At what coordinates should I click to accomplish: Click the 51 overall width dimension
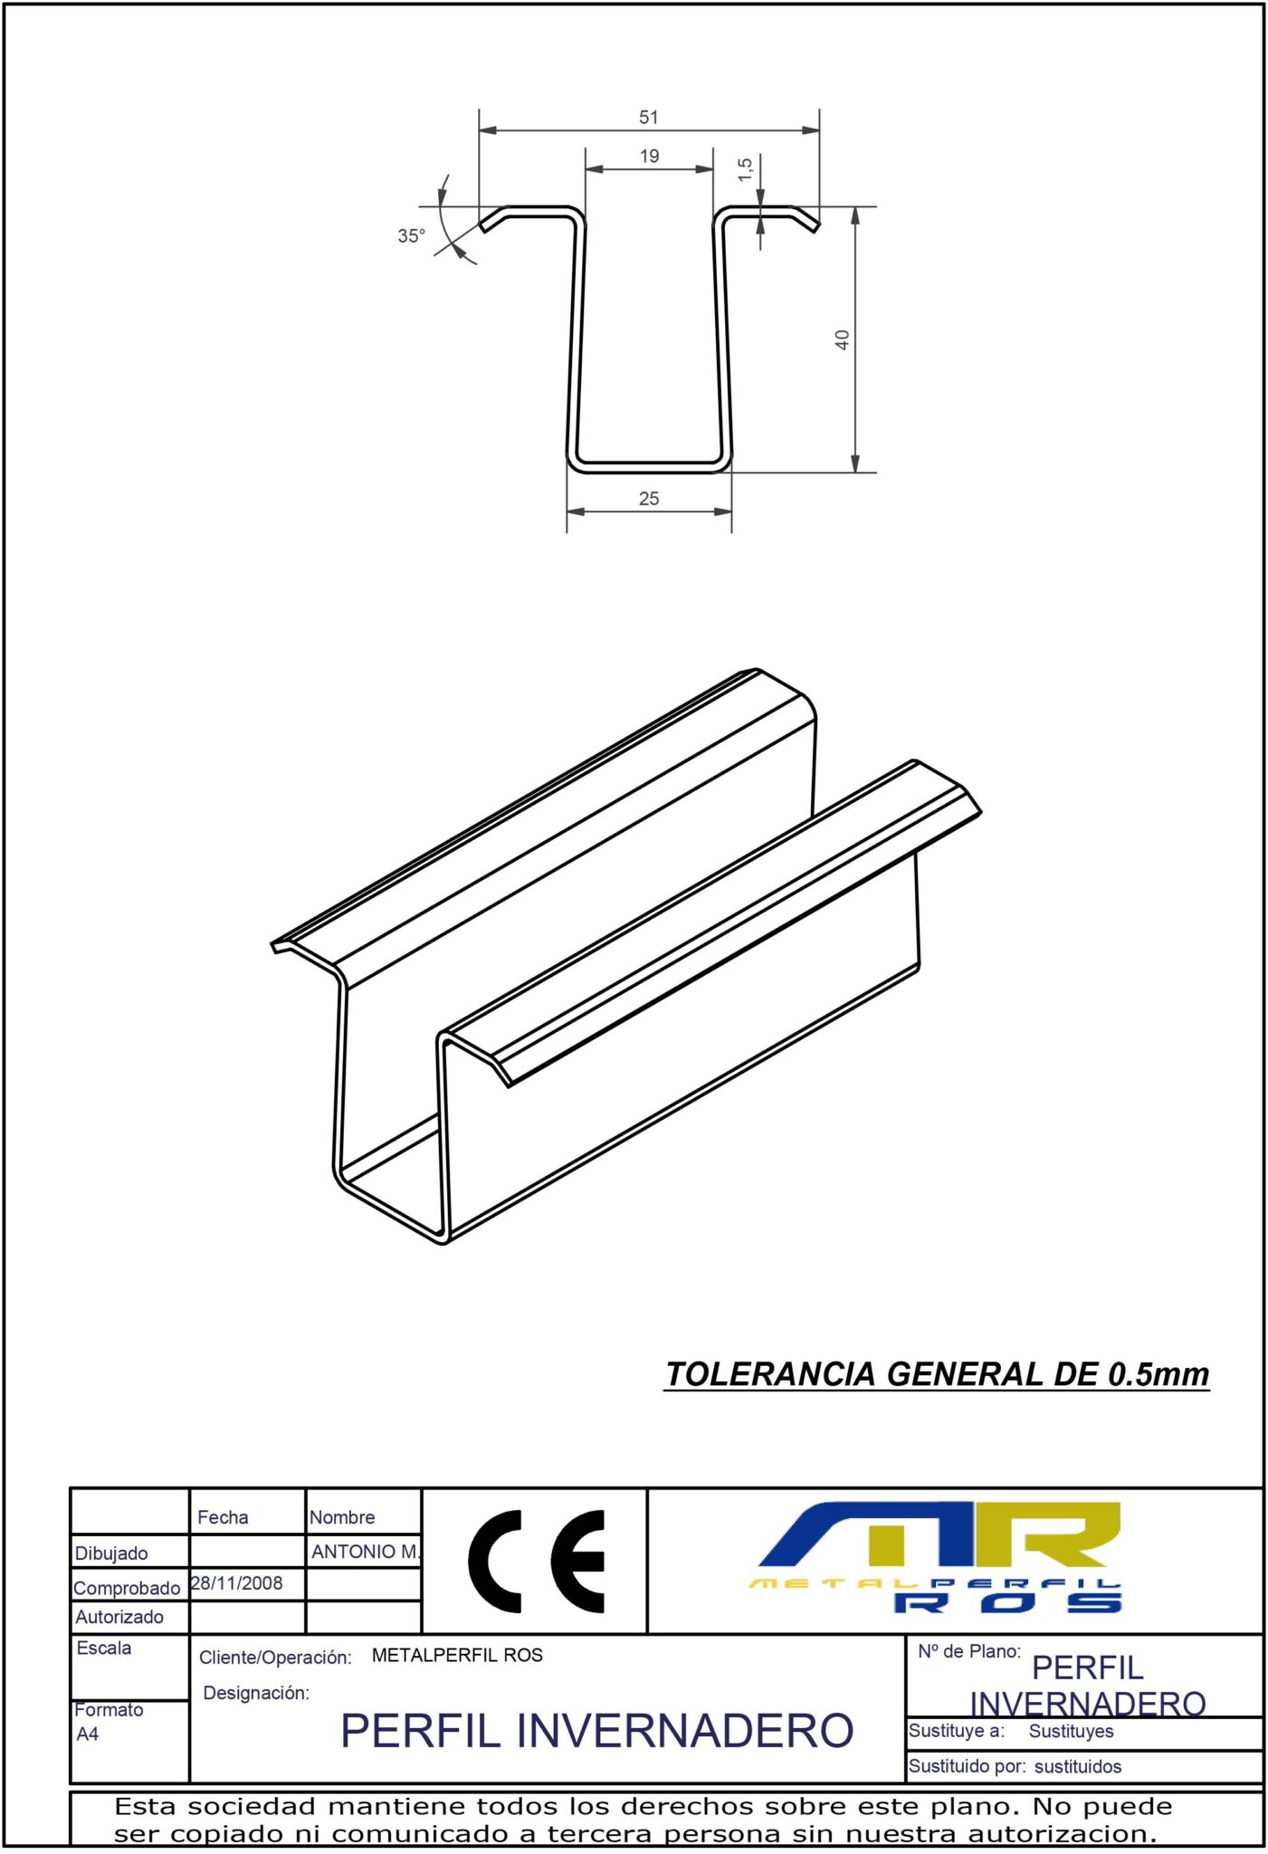point(648,118)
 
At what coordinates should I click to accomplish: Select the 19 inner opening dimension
point(649,157)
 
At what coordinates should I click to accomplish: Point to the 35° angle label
point(411,236)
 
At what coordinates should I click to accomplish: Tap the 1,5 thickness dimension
point(745,169)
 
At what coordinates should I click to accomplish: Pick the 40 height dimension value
point(842,340)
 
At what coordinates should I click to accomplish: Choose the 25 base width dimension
point(649,499)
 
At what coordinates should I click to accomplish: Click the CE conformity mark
point(536,1562)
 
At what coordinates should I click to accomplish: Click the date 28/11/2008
point(237,1583)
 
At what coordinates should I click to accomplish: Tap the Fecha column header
point(223,1517)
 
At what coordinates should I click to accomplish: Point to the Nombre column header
point(342,1517)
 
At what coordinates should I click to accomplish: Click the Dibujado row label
point(111,1553)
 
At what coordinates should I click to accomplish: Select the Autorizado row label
point(119,1617)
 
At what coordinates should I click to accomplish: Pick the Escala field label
point(104,1648)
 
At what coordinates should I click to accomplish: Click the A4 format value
point(88,1734)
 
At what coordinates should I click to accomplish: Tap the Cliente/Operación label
point(275,1657)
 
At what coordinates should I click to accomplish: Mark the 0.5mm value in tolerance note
point(1158,1374)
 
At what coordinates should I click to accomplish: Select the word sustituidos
point(1077,1766)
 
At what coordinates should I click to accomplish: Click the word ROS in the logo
point(1007,1603)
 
